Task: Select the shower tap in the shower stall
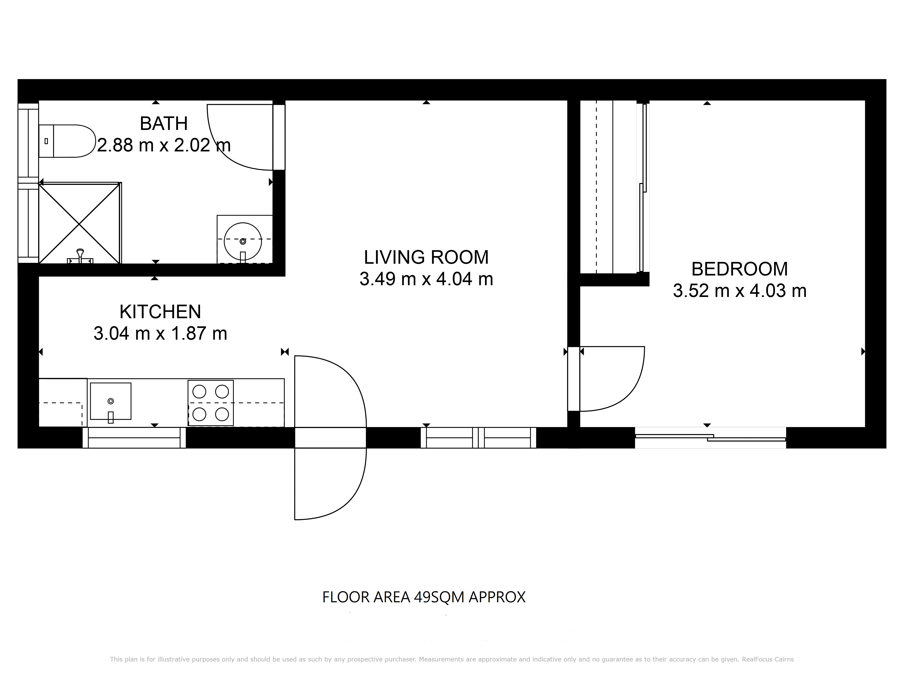[x=80, y=256]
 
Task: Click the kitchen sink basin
[x=111, y=401]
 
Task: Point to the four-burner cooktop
[x=210, y=403]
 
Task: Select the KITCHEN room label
[x=160, y=312]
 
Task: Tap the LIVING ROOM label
[x=426, y=257]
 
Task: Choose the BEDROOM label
[x=740, y=269]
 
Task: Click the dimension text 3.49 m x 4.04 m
[x=426, y=279]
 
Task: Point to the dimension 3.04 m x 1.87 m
[x=160, y=334]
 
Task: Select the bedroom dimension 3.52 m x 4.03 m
[x=740, y=291]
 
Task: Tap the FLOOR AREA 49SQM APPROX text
[x=424, y=597]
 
